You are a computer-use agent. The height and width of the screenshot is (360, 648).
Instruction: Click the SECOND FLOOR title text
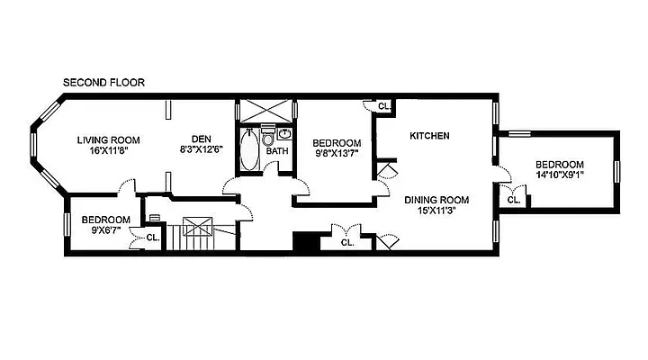pos(103,83)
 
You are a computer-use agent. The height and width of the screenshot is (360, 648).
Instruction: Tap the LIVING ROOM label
pos(108,140)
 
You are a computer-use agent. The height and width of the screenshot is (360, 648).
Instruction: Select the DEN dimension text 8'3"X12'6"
pos(202,149)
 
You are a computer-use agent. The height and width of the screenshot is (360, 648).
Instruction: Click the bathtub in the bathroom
pos(249,149)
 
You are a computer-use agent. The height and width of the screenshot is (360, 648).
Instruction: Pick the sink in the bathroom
pos(284,133)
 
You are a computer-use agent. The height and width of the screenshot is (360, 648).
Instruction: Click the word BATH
pos(277,151)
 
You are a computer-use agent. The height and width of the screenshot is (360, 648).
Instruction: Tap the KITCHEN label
pos(429,136)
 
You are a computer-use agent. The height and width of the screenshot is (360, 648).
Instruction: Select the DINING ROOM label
pos(436,200)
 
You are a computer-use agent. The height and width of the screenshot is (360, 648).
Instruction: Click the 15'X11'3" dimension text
pos(436,211)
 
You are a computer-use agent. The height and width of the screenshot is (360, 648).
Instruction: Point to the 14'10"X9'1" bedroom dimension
pos(560,175)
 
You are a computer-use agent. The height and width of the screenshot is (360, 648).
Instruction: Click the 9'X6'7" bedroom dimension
pos(106,230)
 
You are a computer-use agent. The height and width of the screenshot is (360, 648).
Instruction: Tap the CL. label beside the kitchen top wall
pos(384,106)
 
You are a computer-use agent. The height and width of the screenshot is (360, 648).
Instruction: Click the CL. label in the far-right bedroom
pos(514,201)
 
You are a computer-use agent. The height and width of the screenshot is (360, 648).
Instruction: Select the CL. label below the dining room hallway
pos(347,243)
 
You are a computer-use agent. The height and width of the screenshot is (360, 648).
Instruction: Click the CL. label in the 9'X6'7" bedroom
pos(153,238)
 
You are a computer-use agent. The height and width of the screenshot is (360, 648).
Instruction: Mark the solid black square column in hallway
pos(306,241)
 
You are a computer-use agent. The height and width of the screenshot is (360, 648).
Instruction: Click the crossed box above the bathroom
pos(266,111)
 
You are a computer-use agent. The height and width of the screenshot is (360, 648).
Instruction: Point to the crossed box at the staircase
pos(197,226)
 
